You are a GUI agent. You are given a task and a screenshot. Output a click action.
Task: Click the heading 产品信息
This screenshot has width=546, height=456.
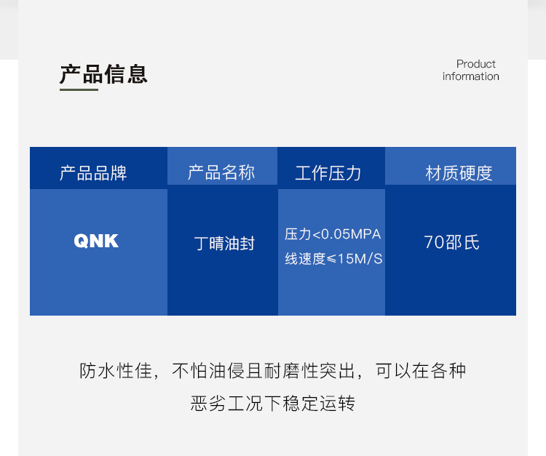pos(103,74)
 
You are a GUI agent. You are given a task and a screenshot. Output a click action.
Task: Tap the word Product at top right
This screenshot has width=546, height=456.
pos(475,64)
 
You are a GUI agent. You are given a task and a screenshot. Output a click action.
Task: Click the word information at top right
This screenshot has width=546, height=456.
pos(471,76)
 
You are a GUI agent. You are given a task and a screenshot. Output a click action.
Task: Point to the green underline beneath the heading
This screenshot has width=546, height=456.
pos(79,89)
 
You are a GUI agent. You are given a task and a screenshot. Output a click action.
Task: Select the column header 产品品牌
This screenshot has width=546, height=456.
pos(93,173)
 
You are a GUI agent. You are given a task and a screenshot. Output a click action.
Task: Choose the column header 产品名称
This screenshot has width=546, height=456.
pos(221,172)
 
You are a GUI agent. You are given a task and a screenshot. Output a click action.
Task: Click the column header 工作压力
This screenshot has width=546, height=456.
pos(328,173)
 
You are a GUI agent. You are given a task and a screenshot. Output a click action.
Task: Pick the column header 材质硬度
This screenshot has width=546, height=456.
pos(459,173)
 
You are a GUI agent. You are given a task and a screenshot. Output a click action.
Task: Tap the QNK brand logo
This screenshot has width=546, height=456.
pos(96,241)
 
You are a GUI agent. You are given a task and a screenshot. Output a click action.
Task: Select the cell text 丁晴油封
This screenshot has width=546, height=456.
pos(225,243)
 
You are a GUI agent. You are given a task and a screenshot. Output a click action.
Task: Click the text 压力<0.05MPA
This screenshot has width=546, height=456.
pos(333,234)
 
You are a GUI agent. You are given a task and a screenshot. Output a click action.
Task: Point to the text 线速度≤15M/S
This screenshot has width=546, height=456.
pos(333,259)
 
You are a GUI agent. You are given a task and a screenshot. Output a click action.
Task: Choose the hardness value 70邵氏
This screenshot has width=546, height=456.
pos(451,242)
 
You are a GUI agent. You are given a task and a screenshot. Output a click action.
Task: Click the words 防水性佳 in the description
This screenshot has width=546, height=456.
pos(116,371)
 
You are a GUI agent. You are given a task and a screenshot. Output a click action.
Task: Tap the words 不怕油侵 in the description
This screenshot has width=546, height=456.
pos(209,371)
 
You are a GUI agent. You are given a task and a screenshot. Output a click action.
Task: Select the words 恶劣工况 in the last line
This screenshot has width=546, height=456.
pos(226,404)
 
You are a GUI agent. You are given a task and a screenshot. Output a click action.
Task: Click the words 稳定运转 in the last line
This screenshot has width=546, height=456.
pos(319,404)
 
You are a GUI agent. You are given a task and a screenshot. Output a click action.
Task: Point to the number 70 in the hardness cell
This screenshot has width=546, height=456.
pos(434,242)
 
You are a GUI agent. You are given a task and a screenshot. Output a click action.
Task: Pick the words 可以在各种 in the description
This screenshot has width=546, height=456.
pos(421,371)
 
